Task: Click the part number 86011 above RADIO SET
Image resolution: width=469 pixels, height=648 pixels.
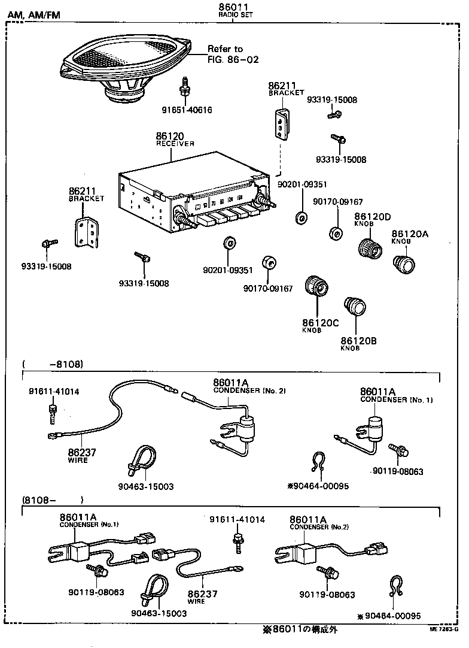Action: point(234,7)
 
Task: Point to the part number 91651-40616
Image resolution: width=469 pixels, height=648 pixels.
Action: point(187,110)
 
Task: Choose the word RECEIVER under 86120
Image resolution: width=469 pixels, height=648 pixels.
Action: point(175,144)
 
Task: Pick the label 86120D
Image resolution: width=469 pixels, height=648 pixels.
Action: point(372,216)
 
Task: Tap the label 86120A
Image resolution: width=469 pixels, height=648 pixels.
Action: point(410,234)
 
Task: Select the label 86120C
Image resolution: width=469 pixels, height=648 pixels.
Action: point(320,323)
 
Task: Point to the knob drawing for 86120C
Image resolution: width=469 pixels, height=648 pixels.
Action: point(318,288)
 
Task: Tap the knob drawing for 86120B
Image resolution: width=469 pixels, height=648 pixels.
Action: point(356,307)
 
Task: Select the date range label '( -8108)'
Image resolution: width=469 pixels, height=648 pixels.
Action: point(53,364)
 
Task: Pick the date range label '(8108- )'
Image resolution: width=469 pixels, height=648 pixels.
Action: point(53,499)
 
